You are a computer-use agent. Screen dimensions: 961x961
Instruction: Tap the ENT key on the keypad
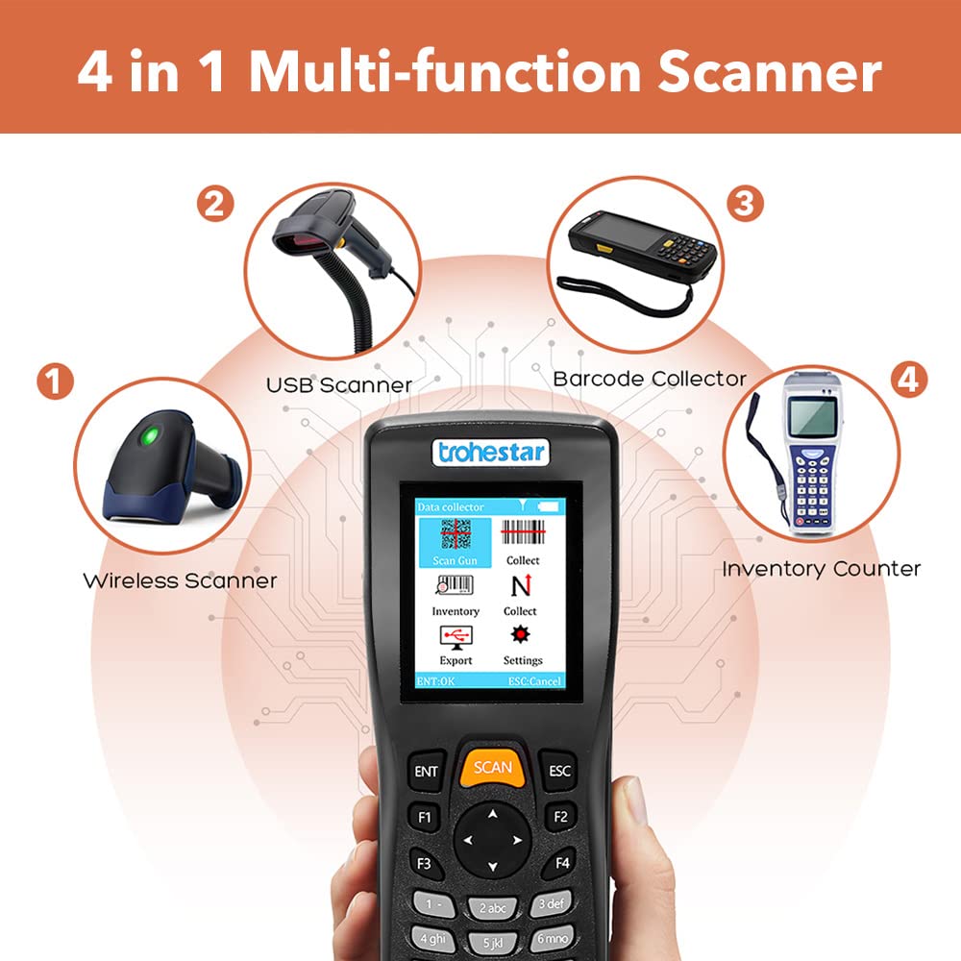tap(427, 771)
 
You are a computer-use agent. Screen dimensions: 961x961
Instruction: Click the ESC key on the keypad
tap(558, 771)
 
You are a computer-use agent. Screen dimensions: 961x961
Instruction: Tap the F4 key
tap(561, 863)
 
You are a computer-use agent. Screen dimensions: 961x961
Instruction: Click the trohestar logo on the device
tap(491, 453)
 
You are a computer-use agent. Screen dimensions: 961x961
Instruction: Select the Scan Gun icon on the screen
tap(456, 534)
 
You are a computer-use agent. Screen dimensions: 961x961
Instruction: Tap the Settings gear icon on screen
tap(520, 634)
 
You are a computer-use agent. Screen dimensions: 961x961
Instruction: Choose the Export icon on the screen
tap(456, 637)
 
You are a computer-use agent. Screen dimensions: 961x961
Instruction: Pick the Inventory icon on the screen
tap(455, 585)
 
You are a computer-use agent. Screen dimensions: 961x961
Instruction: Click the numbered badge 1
tap(55, 382)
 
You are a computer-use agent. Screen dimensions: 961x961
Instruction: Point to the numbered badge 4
tap(908, 380)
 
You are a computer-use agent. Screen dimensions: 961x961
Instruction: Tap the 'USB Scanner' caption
tap(339, 385)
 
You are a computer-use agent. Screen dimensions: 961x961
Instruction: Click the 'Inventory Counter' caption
tap(822, 569)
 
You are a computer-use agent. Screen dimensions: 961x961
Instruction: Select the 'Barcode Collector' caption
tap(650, 379)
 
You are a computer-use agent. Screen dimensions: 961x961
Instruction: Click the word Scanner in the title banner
tap(771, 72)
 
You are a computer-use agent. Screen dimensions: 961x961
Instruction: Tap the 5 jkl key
tap(493, 943)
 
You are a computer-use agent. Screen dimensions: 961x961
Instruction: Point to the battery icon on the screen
tap(549, 506)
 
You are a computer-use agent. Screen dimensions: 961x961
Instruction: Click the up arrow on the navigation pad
tap(493, 815)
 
